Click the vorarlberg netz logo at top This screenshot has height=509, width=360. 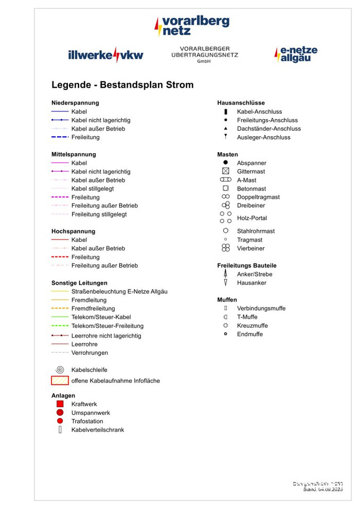(x=192, y=26)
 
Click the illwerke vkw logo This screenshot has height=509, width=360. (x=105, y=54)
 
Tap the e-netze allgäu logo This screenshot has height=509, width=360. (x=296, y=54)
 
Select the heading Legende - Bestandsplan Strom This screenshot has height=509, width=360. (x=122, y=85)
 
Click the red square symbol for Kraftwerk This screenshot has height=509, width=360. (x=60, y=404)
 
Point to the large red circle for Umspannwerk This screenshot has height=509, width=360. (x=60, y=413)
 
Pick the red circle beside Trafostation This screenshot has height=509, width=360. (x=60, y=421)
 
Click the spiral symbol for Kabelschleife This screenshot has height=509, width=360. (x=60, y=370)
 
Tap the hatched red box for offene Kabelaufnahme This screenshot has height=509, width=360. (x=60, y=381)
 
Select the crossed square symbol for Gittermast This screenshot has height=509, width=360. (x=225, y=171)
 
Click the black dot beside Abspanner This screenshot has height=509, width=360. (x=225, y=162)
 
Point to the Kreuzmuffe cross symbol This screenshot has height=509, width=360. (x=225, y=325)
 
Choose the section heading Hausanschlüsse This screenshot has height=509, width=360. (x=241, y=103)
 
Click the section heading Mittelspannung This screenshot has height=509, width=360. (x=74, y=154)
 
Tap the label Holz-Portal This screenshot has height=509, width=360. (x=252, y=218)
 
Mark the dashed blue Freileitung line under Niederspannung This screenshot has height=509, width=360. (x=60, y=137)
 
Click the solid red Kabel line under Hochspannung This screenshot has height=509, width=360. (x=60, y=240)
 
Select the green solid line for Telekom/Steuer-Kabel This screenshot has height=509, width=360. (x=60, y=317)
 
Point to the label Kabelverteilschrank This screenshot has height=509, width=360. (x=98, y=430)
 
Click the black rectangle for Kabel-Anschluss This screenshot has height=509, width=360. (x=225, y=112)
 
